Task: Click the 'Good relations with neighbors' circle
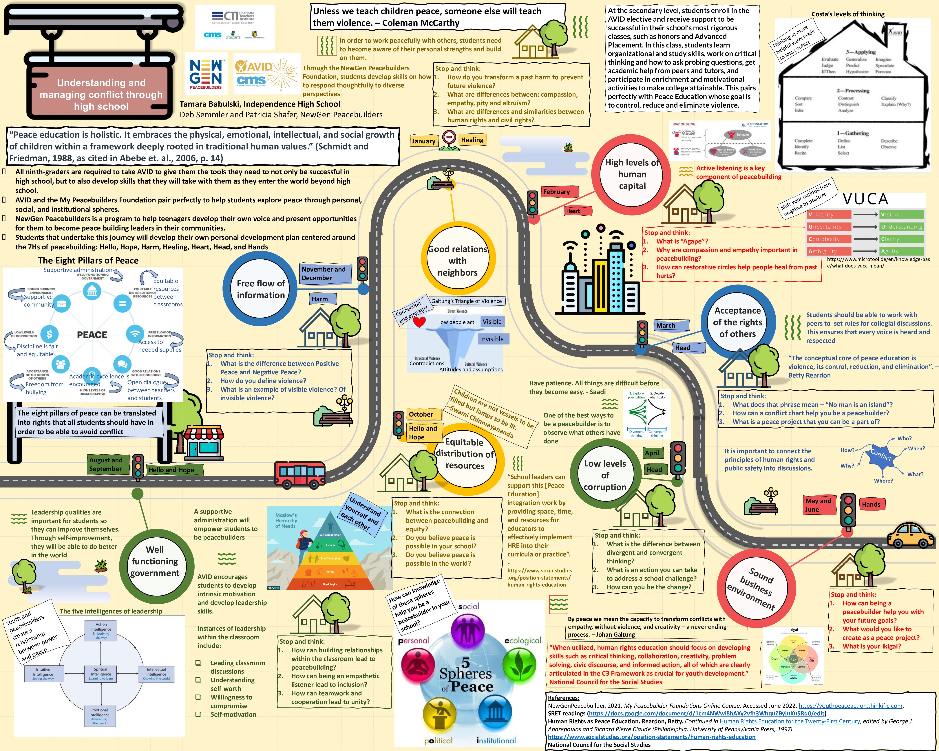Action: tap(457, 261)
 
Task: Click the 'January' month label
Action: tap(423, 141)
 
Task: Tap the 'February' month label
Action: tap(557, 192)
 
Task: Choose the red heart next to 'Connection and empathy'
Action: tap(419, 322)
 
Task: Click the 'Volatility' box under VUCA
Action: tap(829, 215)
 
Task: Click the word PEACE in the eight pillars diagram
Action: tap(92, 335)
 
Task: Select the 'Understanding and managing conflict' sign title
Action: tap(101, 94)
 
